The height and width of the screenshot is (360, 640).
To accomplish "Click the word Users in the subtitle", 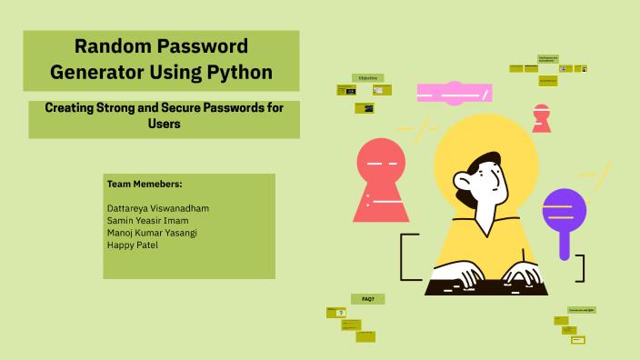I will tap(164, 124).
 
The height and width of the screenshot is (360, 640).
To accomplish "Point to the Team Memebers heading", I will tap(145, 184).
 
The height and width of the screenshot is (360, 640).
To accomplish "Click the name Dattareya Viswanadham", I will tap(157, 208).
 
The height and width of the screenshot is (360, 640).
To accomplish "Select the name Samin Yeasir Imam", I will tap(148, 220).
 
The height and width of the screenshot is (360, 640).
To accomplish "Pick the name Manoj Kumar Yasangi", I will tap(152, 232).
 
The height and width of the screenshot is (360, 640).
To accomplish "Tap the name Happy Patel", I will tap(132, 244).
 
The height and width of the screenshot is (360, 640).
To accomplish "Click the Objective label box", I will tap(367, 78).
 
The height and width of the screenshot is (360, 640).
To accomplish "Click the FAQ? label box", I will tap(368, 298).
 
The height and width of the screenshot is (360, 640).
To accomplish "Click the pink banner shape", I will tap(454, 93).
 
